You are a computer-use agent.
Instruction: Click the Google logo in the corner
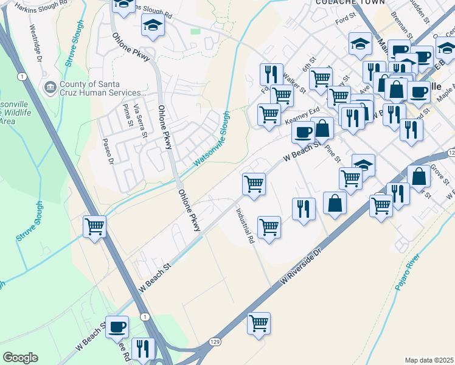click(20, 358)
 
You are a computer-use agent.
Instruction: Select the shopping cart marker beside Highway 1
click(95, 228)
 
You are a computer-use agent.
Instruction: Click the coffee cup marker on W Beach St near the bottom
click(117, 327)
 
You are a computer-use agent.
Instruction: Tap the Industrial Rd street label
click(245, 226)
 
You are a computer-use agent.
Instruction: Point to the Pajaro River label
click(407, 274)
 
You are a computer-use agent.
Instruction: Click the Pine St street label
click(334, 153)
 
